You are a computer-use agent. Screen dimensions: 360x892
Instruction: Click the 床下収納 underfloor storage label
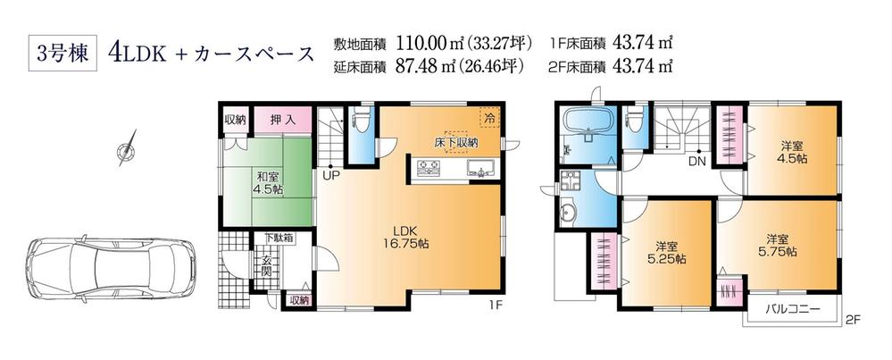(456, 141)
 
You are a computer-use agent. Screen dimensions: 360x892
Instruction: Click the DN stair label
(696, 162)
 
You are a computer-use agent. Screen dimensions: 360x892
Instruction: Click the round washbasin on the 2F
(570, 213)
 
